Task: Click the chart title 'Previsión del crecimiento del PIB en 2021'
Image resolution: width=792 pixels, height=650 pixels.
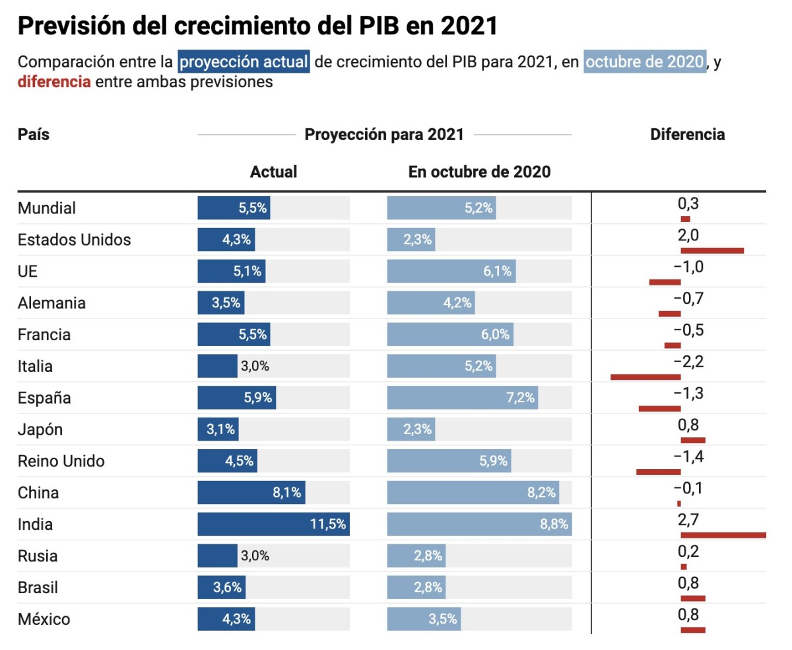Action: coord(257,26)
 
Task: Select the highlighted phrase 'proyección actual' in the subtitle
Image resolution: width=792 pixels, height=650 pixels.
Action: coord(244,62)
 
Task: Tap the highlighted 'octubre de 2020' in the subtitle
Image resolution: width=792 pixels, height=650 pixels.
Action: coord(644,62)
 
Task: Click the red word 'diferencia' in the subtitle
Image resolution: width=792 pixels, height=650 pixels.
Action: coord(54,83)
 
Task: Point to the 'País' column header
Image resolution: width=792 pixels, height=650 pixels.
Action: coord(34,135)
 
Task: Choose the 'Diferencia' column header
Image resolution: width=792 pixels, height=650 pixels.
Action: coord(687,135)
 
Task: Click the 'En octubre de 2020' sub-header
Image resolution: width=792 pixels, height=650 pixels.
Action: coord(479,172)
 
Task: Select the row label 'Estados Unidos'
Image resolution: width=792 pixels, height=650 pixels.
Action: coord(74,240)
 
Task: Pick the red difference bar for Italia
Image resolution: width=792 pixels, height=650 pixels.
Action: coord(645,377)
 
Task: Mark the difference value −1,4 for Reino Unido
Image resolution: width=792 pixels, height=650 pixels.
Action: coord(688,456)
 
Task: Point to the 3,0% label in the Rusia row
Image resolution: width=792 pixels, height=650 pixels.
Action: coord(255,556)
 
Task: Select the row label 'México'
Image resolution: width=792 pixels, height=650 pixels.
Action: coord(44,620)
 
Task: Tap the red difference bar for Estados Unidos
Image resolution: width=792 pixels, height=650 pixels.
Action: coord(712,250)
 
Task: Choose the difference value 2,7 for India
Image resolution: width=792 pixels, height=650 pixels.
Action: coord(688,520)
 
